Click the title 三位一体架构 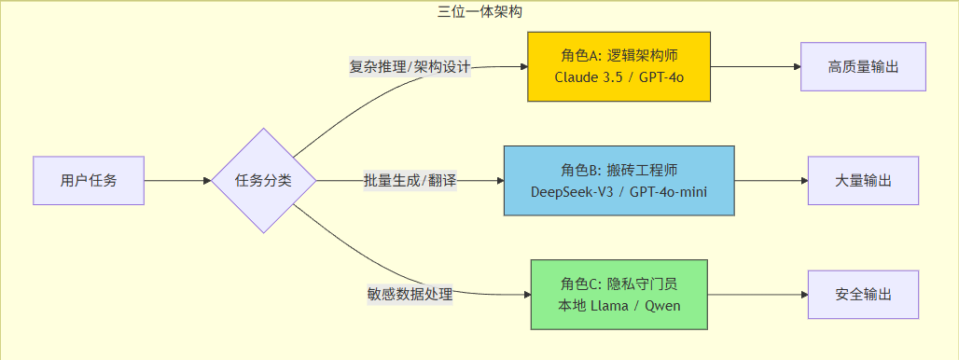pos(479,11)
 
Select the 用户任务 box pos(89,180)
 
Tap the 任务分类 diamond pos(263,180)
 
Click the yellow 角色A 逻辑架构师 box pos(618,66)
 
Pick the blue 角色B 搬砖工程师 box pos(618,180)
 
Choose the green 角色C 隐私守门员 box pos(618,294)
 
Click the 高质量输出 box pos(863,66)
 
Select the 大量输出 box pos(863,180)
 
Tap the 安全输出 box pos(863,294)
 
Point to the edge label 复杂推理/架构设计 pos(410,67)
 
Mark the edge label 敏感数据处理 pos(410,294)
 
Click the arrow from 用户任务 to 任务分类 pos(177,180)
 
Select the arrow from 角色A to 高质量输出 pos(756,66)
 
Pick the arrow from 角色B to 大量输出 pos(771,180)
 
